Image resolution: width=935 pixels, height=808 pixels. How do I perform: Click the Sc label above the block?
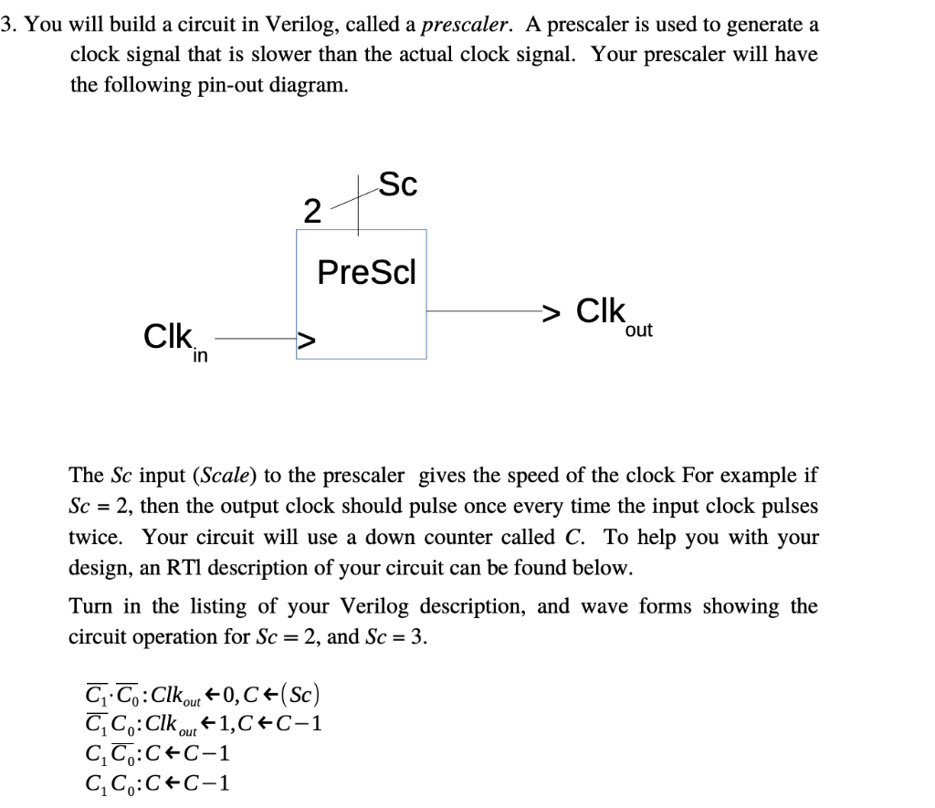[398, 185]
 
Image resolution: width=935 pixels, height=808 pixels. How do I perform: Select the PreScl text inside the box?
[366, 272]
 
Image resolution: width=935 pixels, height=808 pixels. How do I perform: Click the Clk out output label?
[613, 314]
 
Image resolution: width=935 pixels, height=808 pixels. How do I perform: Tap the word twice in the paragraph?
[97, 537]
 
